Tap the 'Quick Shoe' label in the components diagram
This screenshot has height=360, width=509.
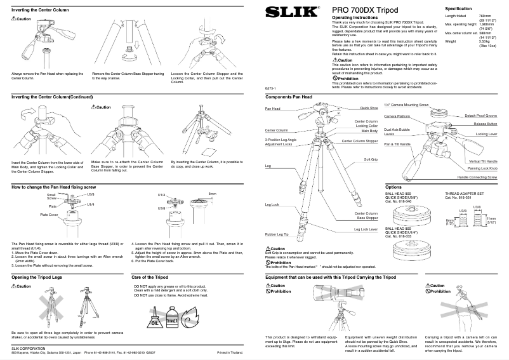point(369,109)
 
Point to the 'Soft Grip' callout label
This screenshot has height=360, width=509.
point(371,160)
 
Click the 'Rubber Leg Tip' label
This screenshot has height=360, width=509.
point(277,235)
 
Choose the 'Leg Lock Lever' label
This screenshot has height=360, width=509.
point(366,229)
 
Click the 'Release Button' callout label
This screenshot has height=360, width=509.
point(486,124)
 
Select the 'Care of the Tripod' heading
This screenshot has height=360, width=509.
point(149,277)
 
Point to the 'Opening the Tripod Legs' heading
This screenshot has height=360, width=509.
point(37,277)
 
